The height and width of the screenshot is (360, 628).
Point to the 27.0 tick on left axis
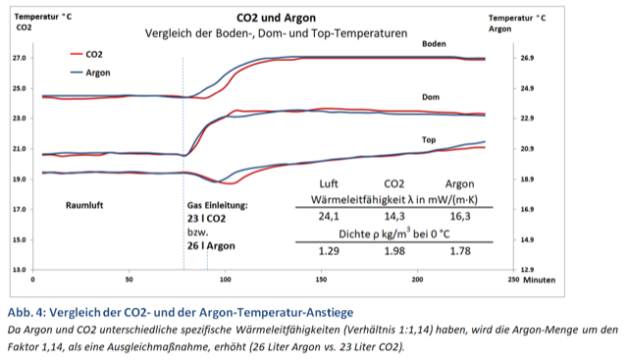19,58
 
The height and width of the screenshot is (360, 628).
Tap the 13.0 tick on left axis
19,269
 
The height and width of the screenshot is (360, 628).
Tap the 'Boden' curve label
435,44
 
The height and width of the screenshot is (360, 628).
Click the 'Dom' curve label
430,97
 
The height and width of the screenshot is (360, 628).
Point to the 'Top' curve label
429,139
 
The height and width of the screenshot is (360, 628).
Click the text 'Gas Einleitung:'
218,206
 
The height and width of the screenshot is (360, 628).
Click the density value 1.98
394,250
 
